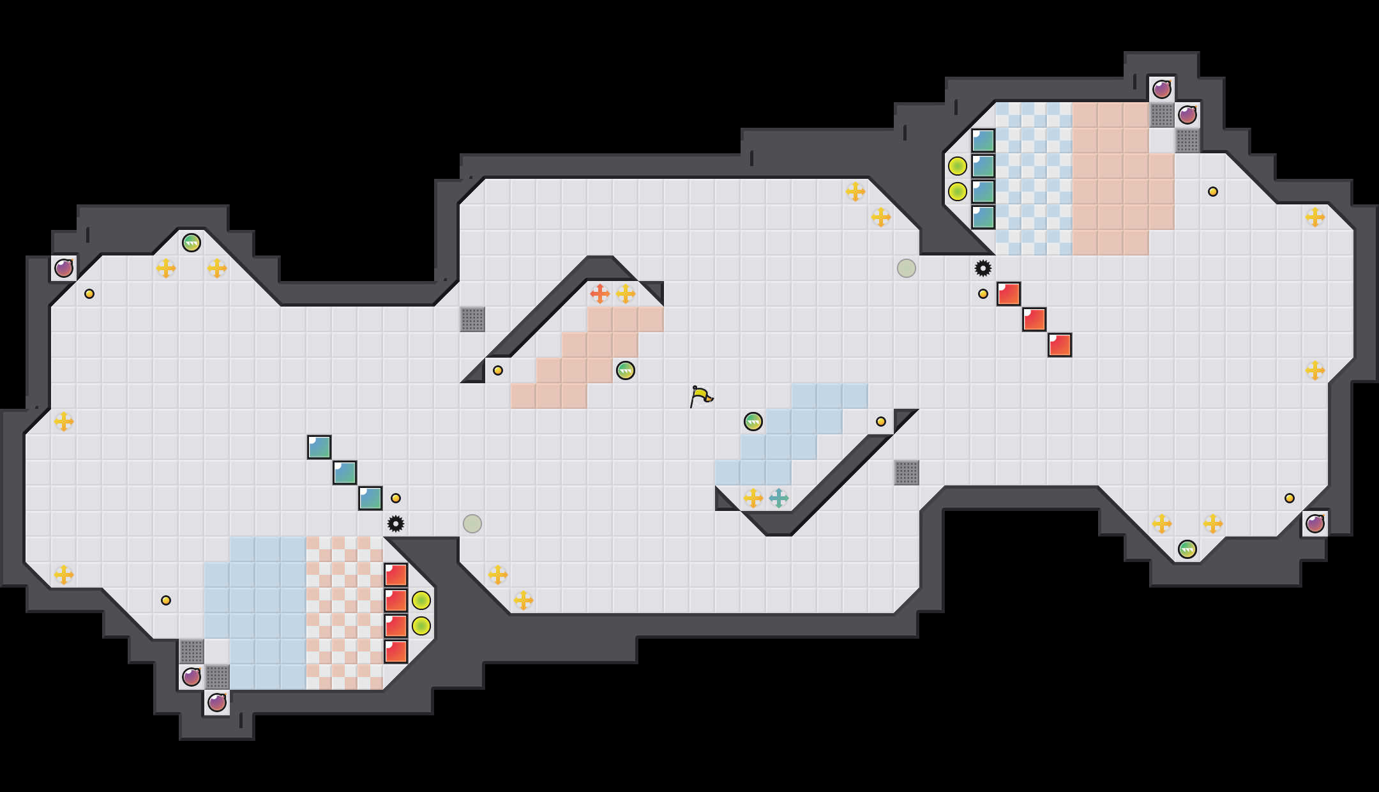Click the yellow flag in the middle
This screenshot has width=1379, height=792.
tap(700, 396)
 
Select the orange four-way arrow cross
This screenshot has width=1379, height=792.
tap(599, 294)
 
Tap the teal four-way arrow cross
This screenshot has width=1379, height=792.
tap(778, 498)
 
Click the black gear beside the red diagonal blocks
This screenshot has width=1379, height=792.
tap(983, 268)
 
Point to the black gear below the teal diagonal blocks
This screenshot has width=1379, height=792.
tap(396, 524)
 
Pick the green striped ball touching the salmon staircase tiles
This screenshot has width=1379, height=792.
tap(625, 370)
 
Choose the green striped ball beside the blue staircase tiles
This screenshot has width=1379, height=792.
tap(753, 422)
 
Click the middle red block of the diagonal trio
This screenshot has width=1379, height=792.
tap(1034, 319)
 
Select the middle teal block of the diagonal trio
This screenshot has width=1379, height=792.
tap(344, 473)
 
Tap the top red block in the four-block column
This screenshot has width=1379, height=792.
tap(396, 575)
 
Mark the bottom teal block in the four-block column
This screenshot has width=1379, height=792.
tap(983, 217)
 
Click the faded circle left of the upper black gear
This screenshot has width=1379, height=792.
tap(906, 268)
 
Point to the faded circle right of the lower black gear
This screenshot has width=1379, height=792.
tap(472, 524)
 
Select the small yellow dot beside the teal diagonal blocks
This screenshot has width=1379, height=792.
tap(396, 498)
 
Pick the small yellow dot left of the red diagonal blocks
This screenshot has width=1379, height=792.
tap(983, 294)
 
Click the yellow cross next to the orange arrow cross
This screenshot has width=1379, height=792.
tap(625, 294)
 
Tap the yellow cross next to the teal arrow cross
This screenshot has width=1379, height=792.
tap(753, 498)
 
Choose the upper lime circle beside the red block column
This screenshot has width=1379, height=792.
tap(421, 600)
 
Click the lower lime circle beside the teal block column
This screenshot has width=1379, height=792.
tap(957, 192)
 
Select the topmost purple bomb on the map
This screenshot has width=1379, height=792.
tap(1161, 89)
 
